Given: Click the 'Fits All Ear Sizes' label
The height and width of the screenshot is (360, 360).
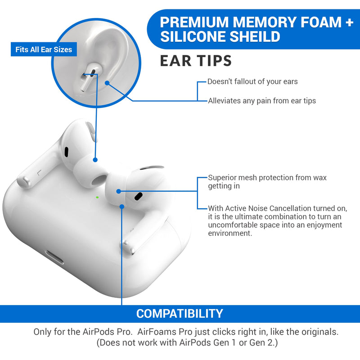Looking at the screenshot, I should point(44,49).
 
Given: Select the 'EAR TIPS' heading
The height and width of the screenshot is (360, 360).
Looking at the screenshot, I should point(196,61).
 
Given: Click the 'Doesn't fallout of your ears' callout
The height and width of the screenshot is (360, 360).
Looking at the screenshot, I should point(252,82).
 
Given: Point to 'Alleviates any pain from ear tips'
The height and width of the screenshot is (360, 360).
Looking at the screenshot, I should point(261,101).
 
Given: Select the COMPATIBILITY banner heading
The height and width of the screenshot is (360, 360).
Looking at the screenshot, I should point(180,314).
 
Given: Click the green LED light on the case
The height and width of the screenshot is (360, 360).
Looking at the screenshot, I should point(98,196).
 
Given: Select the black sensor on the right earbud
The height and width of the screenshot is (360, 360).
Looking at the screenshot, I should point(137,196).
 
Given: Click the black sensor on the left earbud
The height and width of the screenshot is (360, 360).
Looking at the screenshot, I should point(67,152).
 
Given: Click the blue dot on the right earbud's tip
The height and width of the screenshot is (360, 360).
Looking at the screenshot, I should point(118,191).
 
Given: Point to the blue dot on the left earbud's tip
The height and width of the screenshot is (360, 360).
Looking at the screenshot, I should point(95,159).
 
